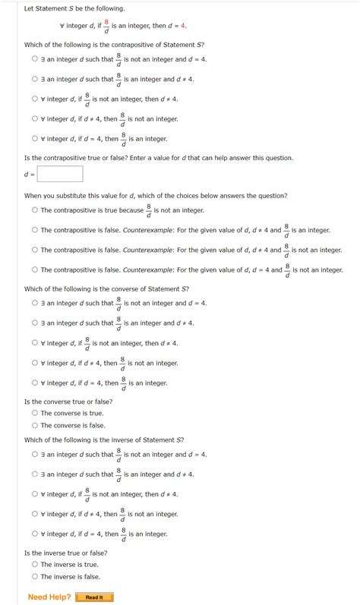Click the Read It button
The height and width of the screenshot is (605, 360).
click(x=94, y=597)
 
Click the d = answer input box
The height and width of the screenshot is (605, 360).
click(x=60, y=175)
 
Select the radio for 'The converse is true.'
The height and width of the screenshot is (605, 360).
click(x=35, y=413)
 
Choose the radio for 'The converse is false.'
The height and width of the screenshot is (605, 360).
click(x=35, y=425)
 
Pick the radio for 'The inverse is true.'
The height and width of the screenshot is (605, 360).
click(x=35, y=564)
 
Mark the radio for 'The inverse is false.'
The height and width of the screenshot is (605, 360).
click(x=35, y=576)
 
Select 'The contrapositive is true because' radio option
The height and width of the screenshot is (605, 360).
click(x=35, y=210)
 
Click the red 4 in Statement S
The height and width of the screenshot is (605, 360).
click(x=183, y=26)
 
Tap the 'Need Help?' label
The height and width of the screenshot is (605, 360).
click(x=49, y=597)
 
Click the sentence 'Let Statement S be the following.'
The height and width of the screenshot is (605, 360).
click(x=74, y=8)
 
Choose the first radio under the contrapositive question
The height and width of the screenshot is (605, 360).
click(x=35, y=59)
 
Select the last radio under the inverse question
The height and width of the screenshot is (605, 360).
click(x=35, y=534)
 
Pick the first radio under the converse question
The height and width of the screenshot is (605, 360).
click(x=35, y=303)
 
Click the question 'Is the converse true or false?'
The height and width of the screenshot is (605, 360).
click(x=68, y=402)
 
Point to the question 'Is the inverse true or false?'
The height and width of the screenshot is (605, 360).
click(x=66, y=553)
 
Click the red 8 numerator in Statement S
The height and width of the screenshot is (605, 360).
click(x=106, y=22)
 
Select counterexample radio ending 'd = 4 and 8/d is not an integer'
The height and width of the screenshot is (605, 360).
click(x=35, y=269)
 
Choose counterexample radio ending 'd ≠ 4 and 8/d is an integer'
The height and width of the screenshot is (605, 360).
click(x=35, y=230)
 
